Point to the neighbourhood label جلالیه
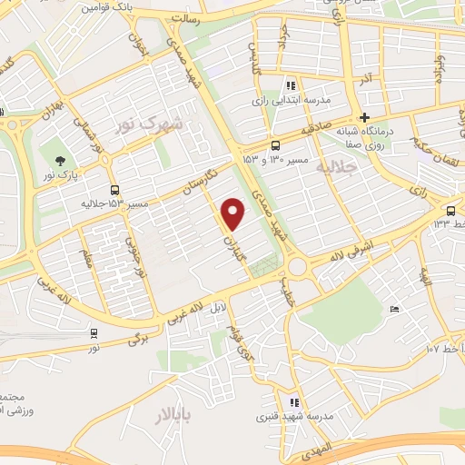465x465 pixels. point(336,167)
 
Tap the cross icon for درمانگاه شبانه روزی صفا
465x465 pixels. point(364,117)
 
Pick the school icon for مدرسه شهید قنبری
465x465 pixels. point(293,402)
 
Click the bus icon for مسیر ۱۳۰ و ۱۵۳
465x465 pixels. point(275,145)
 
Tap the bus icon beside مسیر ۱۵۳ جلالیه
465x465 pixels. point(114,190)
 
